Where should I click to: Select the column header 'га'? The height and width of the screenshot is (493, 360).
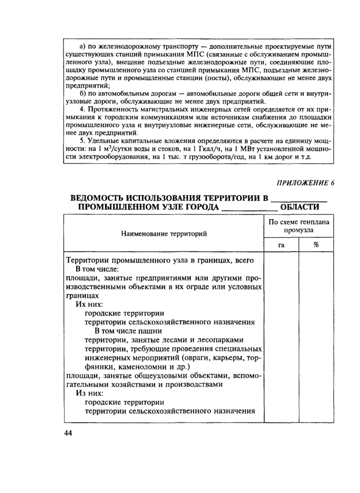pos(281,245)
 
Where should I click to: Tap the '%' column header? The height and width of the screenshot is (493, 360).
pos(316,245)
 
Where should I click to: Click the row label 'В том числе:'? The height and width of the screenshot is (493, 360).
pos(97,269)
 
